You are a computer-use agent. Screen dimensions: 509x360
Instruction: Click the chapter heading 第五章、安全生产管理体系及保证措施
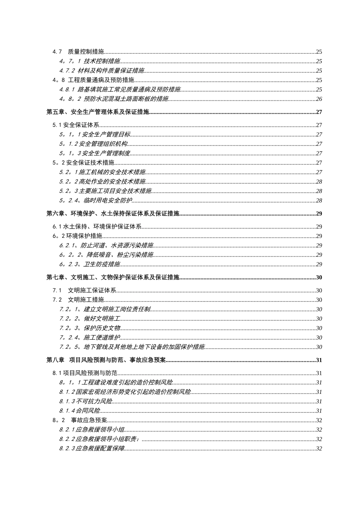click(x=98, y=112)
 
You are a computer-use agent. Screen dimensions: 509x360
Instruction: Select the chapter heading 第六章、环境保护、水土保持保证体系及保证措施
click(x=113, y=214)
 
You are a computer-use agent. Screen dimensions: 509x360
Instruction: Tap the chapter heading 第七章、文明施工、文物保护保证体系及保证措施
click(x=113, y=278)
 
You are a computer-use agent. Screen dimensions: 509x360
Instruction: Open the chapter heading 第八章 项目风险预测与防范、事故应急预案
click(x=106, y=360)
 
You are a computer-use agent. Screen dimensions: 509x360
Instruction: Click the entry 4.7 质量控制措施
click(x=78, y=52)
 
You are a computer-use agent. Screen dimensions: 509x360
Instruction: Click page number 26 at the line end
click(x=319, y=99)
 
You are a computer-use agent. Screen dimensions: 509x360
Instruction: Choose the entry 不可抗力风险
click(x=94, y=401)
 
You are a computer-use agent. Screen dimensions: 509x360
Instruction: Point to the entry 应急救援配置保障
click(x=100, y=449)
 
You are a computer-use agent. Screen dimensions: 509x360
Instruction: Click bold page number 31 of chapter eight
click(x=319, y=360)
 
